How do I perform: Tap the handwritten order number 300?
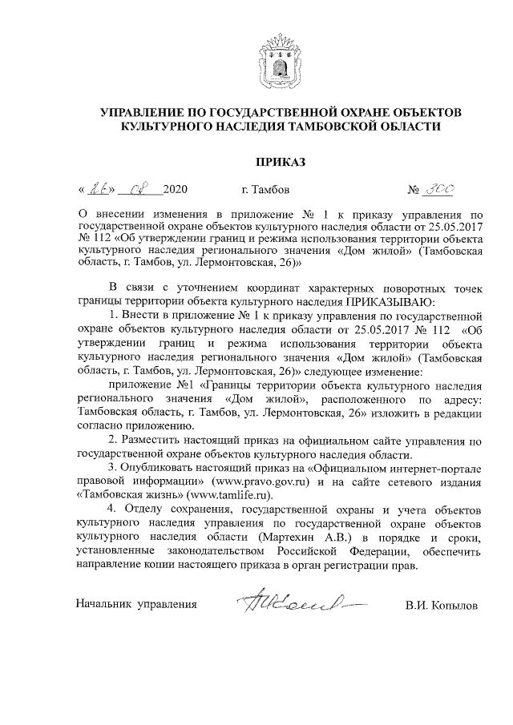[x=440, y=189]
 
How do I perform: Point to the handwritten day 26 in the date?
[x=99, y=190]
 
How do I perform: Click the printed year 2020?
[x=174, y=191]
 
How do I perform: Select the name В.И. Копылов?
[x=441, y=606]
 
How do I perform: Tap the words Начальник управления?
[x=135, y=606]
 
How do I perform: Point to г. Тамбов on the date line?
[x=266, y=191]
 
